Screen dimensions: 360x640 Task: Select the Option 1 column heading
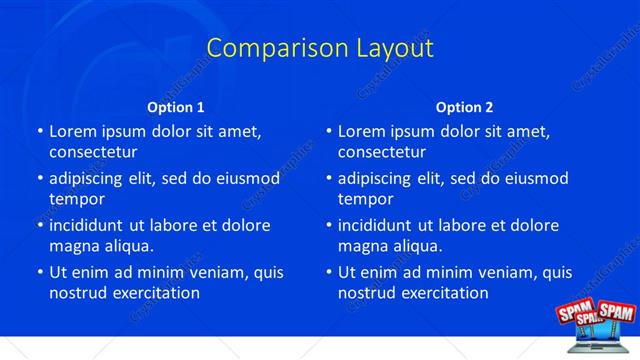coord(176,107)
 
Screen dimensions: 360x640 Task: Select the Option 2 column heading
coord(464,107)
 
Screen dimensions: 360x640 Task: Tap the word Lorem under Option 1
coord(73,131)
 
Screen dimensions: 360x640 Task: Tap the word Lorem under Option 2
coord(362,131)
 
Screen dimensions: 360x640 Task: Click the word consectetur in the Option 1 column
coord(93,152)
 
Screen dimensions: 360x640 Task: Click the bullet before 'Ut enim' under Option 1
coord(40,272)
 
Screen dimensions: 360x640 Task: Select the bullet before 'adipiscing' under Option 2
coord(329,178)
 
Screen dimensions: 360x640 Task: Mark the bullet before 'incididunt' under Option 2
coord(329,225)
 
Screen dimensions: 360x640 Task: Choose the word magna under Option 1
coord(73,246)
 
